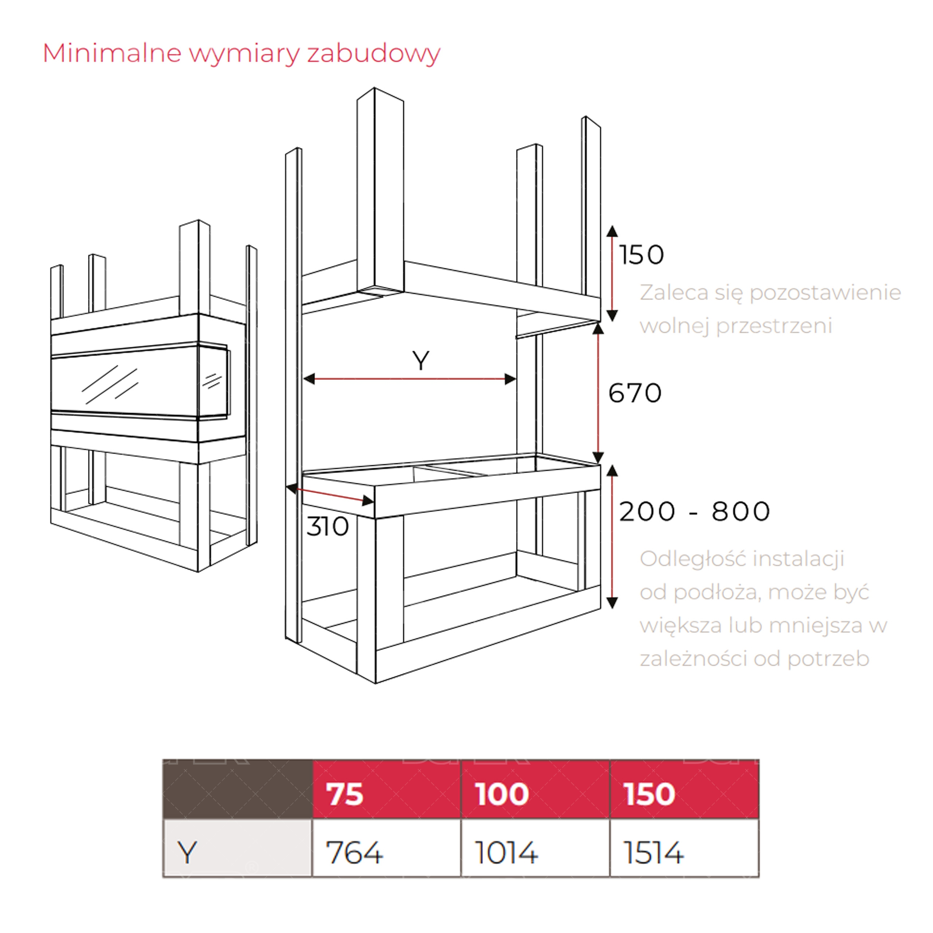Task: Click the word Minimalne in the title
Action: [112, 53]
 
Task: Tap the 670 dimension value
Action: [635, 393]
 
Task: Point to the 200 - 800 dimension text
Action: [694, 511]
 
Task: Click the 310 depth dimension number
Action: [327, 526]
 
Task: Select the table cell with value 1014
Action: [507, 852]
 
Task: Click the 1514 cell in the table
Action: [654, 852]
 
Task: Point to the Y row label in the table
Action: [187, 852]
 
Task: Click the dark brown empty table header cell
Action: [237, 789]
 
